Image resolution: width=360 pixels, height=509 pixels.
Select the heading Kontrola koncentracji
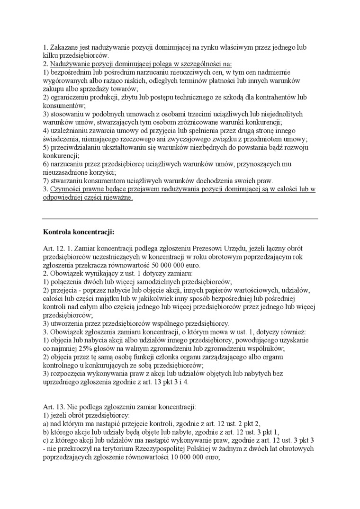[79, 232]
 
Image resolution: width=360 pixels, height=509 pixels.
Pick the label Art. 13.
[53, 406]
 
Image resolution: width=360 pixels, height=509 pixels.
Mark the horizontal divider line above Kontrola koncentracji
[180, 219]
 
